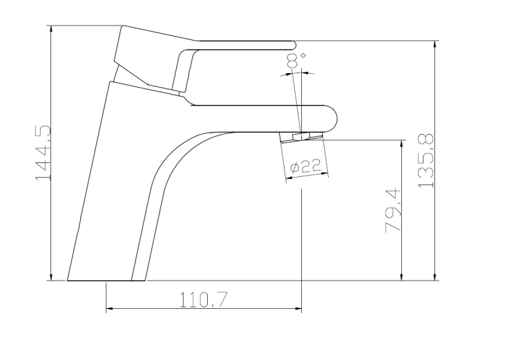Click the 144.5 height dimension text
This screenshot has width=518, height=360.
pos(44,153)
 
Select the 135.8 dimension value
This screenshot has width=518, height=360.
pos(425,160)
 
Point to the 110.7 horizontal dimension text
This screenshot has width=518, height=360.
pos(204,299)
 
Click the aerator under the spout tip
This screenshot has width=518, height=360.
pos(303,137)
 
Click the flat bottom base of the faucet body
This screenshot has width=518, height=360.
pos(107,280)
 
